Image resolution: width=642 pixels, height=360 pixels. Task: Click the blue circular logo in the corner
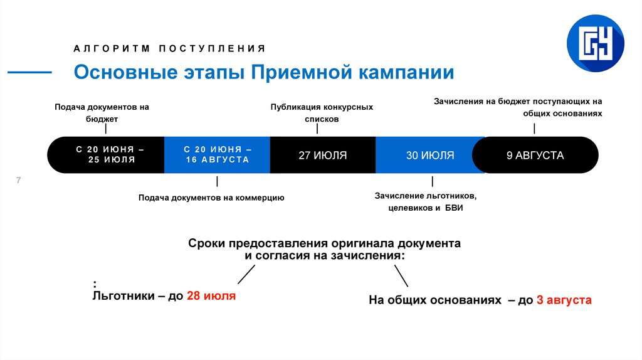[x=596, y=43]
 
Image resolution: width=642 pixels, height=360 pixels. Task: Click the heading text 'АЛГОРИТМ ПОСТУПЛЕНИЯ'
[x=170, y=48]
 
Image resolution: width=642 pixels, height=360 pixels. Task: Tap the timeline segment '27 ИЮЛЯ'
[x=323, y=155]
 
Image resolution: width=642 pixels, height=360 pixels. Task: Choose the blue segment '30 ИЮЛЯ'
[x=430, y=155]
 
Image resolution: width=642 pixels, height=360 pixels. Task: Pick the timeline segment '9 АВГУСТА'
[x=535, y=155]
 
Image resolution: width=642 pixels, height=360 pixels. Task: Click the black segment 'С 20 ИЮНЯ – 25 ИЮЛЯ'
[x=106, y=155]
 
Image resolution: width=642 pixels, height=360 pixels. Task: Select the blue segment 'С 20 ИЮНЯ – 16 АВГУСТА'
[x=217, y=155]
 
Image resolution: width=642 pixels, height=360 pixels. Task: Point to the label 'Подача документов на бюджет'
[x=102, y=112]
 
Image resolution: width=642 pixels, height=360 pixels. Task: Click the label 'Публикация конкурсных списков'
[x=322, y=112]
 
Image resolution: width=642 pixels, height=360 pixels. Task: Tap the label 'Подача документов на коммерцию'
[x=212, y=198]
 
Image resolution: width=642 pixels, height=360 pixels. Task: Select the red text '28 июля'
[x=211, y=295]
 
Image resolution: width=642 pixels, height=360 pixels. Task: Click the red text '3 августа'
[x=564, y=300]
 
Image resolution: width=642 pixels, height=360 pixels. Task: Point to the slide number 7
[x=19, y=181]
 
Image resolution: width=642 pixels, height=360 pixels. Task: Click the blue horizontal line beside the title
[x=29, y=73]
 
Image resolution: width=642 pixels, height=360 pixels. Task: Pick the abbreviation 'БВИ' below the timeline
[x=453, y=208]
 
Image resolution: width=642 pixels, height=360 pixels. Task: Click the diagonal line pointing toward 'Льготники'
[x=246, y=274]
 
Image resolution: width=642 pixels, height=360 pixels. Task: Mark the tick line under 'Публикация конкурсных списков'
[x=317, y=129]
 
